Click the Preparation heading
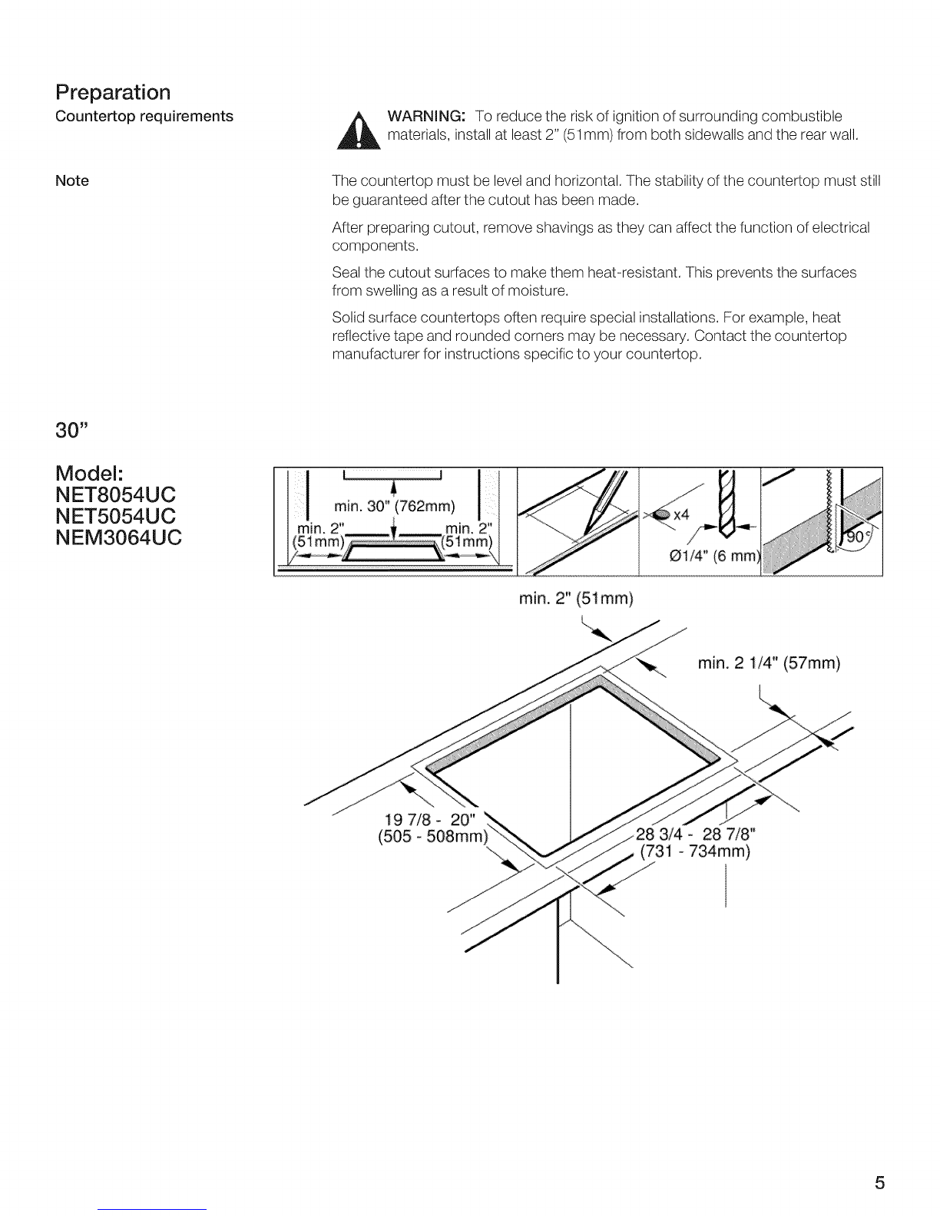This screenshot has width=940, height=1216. [113, 93]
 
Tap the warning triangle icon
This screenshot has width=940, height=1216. [359, 131]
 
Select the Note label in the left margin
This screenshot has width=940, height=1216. [72, 180]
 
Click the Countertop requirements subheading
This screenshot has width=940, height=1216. [144, 117]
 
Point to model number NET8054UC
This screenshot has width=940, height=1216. [115, 494]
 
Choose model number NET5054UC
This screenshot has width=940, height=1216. [115, 516]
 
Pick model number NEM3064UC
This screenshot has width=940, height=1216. [118, 537]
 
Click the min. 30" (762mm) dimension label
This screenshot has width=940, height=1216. [394, 507]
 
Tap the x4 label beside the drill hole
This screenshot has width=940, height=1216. [680, 515]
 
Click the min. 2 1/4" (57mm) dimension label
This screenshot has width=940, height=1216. [769, 663]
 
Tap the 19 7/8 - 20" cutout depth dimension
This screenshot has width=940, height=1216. [430, 820]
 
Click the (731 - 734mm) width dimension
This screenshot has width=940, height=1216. [695, 851]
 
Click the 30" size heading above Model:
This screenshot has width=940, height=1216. [71, 431]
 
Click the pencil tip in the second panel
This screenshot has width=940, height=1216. [586, 534]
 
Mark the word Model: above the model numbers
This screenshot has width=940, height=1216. [89, 474]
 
